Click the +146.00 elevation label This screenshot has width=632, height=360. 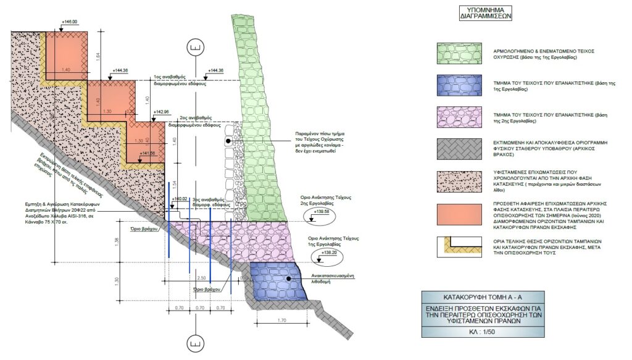coord(69,22)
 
